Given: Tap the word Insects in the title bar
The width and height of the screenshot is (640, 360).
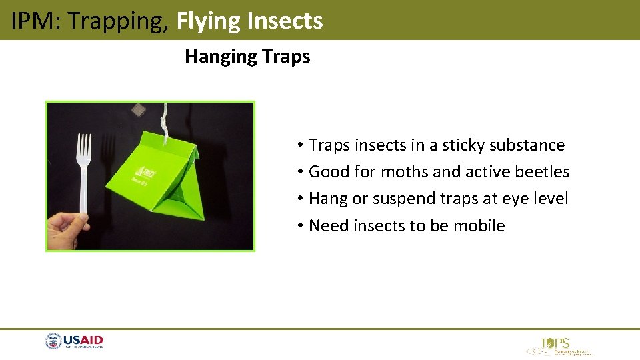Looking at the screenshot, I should (x=285, y=21).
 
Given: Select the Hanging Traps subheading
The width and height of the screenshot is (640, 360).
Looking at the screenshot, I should (x=247, y=57).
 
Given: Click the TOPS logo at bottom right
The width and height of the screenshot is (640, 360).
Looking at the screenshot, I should (x=557, y=346).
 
